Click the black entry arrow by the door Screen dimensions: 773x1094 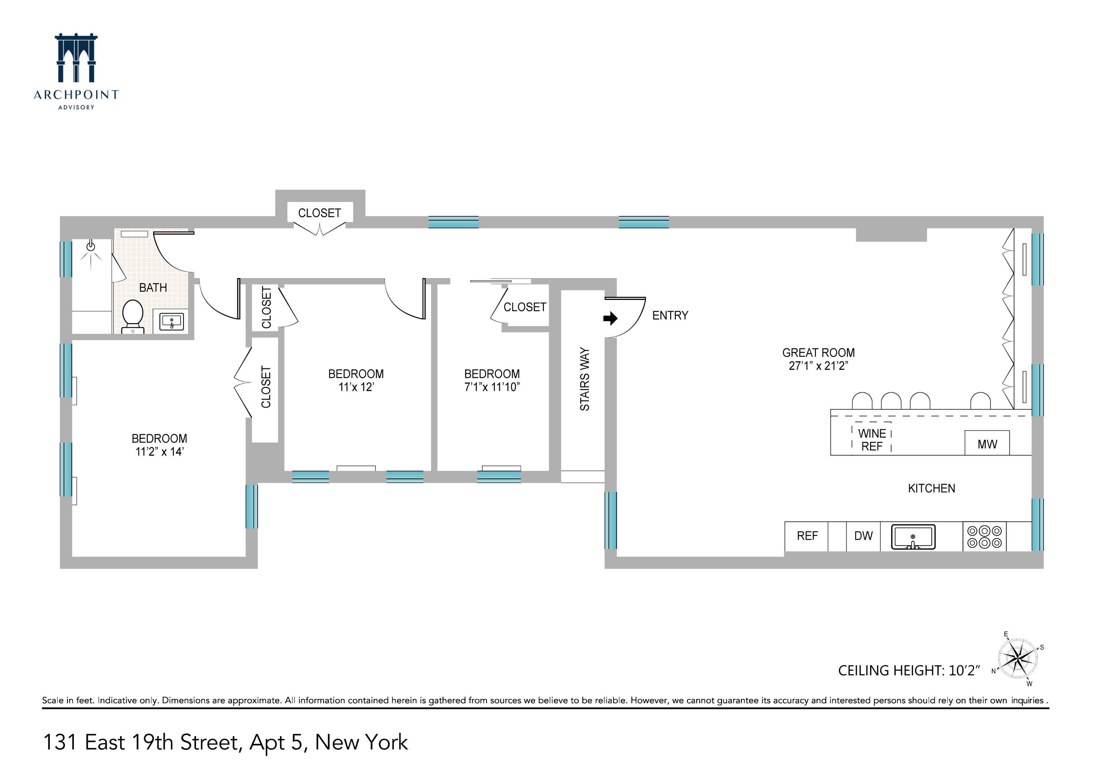point(610,319)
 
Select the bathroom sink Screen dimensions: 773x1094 point(171,321)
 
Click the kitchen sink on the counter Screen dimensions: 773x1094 point(913,537)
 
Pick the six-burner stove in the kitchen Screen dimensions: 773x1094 point(984,537)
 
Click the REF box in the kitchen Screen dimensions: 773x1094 point(807,536)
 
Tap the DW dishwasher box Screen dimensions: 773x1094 point(863,536)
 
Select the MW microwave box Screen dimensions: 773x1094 point(987,444)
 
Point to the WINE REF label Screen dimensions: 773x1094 point(872,440)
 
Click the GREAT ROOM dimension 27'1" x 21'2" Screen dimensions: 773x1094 point(818,365)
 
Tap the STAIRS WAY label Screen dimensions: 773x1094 point(585,379)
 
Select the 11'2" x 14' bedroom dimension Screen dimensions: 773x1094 point(159,452)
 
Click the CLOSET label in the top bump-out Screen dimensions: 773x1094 point(320,213)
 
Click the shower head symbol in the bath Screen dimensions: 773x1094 point(91,247)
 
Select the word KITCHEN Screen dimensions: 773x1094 point(932,488)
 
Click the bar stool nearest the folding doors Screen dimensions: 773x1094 point(981,401)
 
